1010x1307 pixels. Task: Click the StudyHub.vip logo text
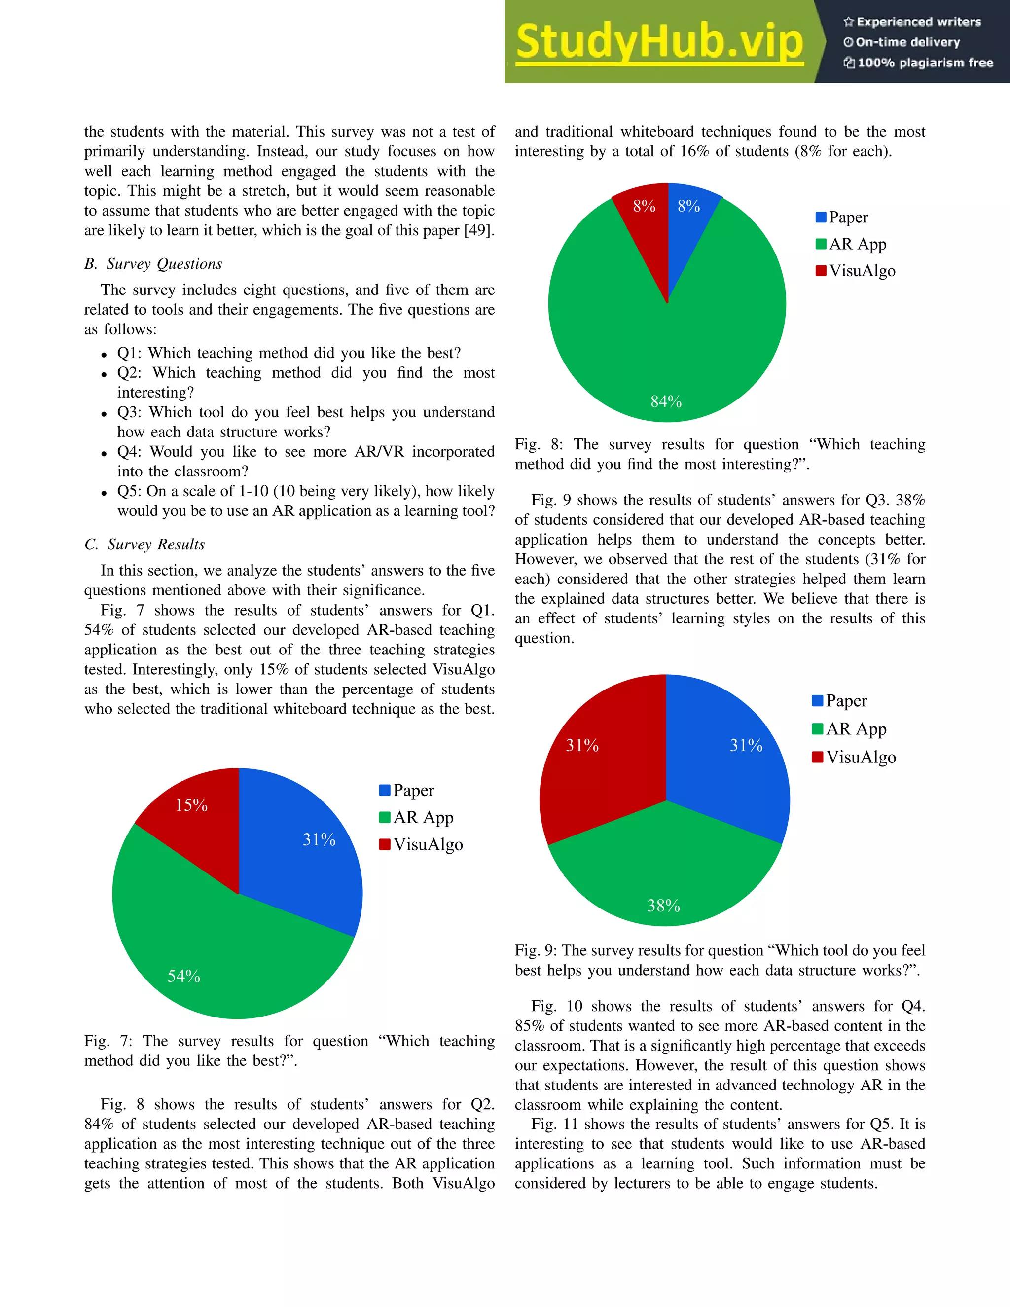pyautogui.click(x=659, y=42)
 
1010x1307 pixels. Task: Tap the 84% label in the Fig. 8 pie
pyautogui.click(x=666, y=401)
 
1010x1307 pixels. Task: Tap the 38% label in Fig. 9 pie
pyautogui.click(x=664, y=906)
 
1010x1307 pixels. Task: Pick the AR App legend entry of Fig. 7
pyautogui.click(x=417, y=817)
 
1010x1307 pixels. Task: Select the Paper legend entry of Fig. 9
pyautogui.click(x=839, y=701)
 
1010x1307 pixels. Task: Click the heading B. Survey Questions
pyautogui.click(x=153, y=264)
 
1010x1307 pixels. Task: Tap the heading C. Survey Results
pyautogui.click(x=145, y=544)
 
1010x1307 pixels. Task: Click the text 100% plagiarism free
pyautogui.click(x=918, y=63)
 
